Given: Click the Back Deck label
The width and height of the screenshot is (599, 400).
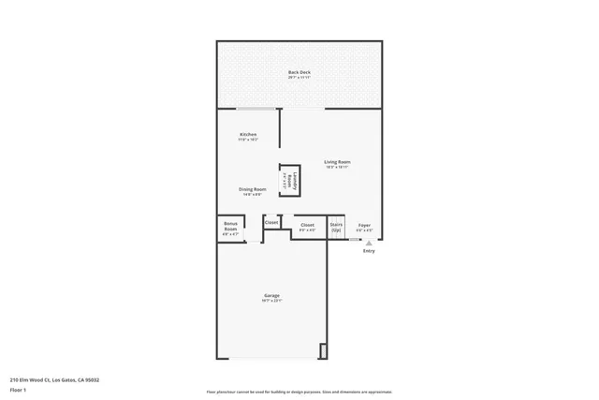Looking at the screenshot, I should click(299, 72).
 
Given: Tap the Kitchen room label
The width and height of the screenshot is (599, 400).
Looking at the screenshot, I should click(248, 135).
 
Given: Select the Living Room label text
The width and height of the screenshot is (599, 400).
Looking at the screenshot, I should click(337, 162).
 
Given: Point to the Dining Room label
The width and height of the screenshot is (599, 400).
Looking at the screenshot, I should click(254, 189).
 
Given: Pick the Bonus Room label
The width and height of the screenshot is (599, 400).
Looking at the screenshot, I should click(230, 225).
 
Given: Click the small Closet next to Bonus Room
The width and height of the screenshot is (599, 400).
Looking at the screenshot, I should click(271, 223).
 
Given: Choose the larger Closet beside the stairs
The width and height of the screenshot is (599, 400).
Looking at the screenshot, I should click(307, 226).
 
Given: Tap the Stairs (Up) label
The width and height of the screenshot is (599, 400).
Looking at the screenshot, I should click(336, 227).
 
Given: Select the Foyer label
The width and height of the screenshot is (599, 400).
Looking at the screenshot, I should click(364, 225).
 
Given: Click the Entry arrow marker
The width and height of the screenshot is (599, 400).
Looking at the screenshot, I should click(369, 242).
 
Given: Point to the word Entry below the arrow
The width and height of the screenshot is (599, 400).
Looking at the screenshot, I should click(369, 250).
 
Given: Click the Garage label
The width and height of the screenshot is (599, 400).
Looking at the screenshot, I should click(271, 296).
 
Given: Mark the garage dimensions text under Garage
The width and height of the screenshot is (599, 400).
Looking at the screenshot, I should click(271, 302).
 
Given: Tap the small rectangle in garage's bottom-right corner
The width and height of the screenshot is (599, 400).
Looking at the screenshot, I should click(324, 351).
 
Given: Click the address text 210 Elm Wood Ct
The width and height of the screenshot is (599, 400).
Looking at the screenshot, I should click(54, 379).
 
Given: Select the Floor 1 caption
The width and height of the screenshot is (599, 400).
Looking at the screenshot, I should click(18, 389).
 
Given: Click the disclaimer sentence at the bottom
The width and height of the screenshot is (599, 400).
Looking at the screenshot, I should click(299, 392).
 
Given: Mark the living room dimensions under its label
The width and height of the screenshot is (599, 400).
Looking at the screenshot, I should click(337, 168).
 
